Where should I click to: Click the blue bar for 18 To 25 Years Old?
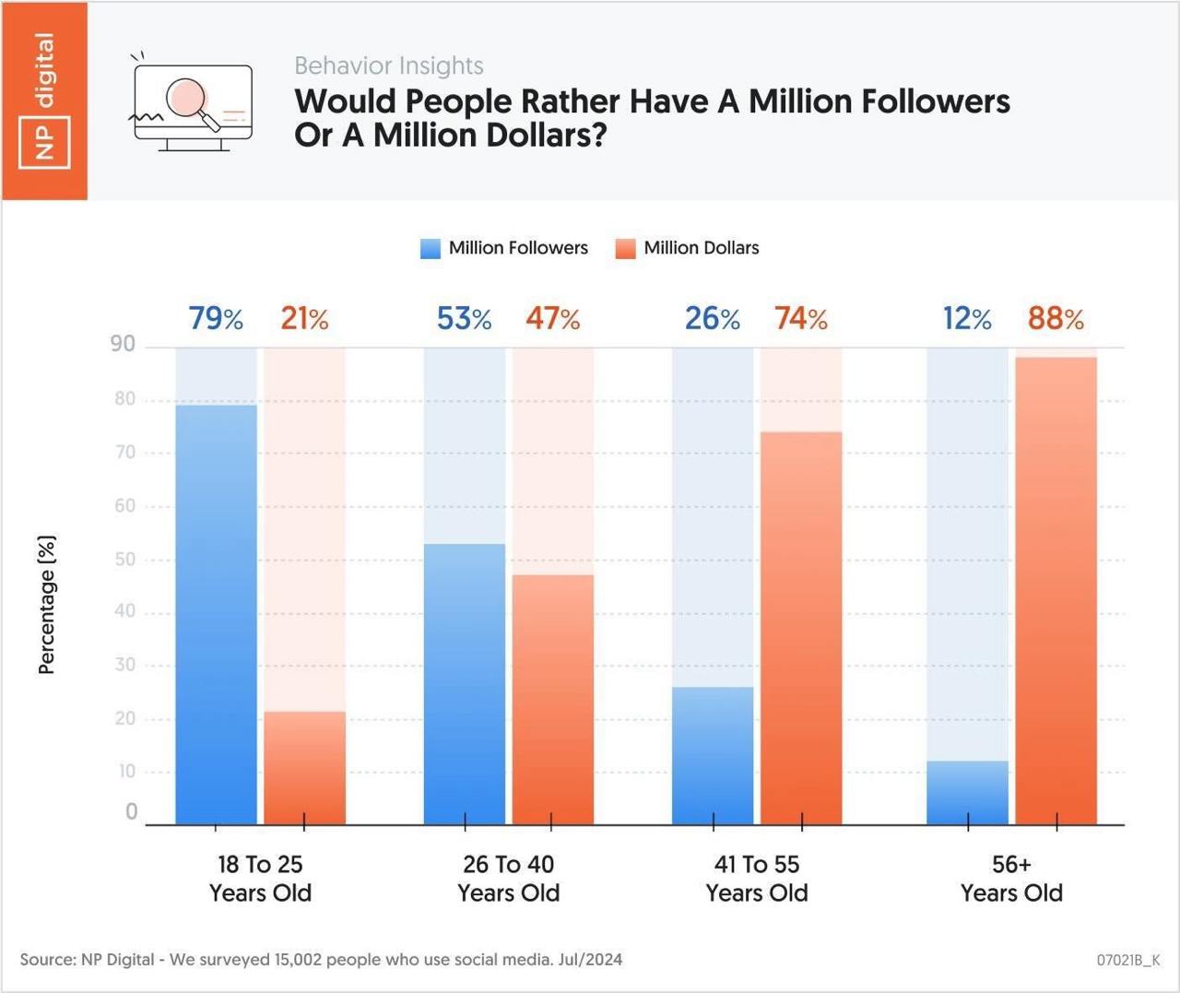point(216,614)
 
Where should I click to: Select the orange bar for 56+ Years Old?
point(1056,590)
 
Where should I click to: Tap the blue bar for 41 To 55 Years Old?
point(713,755)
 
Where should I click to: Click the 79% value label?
point(216,319)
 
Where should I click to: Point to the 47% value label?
point(553,319)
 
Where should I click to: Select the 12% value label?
point(967,319)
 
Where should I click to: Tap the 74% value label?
point(801,319)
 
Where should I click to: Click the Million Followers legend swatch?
point(431,249)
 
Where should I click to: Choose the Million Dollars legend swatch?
point(626,249)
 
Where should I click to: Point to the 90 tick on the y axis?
point(123,344)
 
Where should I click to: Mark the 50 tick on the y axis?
point(124,560)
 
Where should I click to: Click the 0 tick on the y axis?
point(131,811)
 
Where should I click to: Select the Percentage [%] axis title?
point(47,604)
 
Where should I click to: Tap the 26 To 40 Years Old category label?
point(509,878)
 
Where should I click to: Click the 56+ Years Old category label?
point(1011,878)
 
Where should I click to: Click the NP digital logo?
point(44,100)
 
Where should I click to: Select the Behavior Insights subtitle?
point(389,66)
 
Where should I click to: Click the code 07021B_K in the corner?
point(1127,960)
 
